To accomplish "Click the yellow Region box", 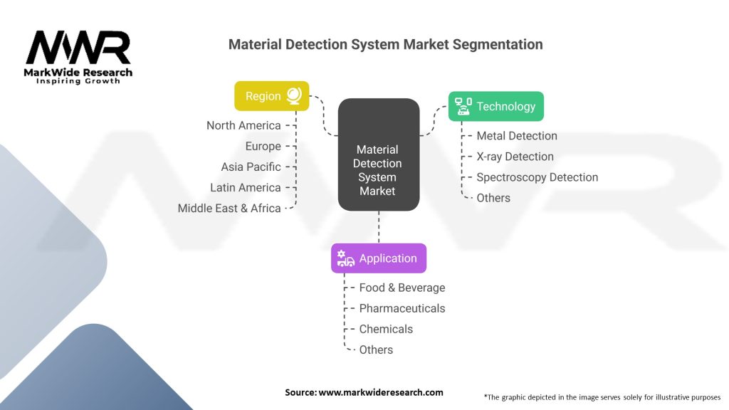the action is click(x=271, y=96).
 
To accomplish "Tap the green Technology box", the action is click(x=496, y=107).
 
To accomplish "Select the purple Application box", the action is click(x=379, y=258).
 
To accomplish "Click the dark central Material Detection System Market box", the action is click(x=379, y=154).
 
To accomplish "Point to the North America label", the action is click(x=243, y=125).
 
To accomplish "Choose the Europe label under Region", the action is click(x=263, y=147).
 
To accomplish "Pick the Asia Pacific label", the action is click(x=251, y=167).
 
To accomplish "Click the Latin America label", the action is click(x=246, y=187).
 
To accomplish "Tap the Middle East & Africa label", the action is click(x=229, y=209).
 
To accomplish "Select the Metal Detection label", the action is click(x=517, y=136).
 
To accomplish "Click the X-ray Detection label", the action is click(x=515, y=157).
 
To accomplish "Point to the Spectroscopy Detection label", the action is click(x=537, y=177).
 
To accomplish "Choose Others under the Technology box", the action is click(x=493, y=198).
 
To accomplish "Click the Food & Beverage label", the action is click(x=402, y=288).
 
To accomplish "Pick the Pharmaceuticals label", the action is click(x=402, y=308).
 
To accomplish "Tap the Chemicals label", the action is click(x=386, y=329).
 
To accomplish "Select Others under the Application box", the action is click(x=376, y=349).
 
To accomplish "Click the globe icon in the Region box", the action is click(x=294, y=96).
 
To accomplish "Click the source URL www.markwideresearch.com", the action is click(x=381, y=392).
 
